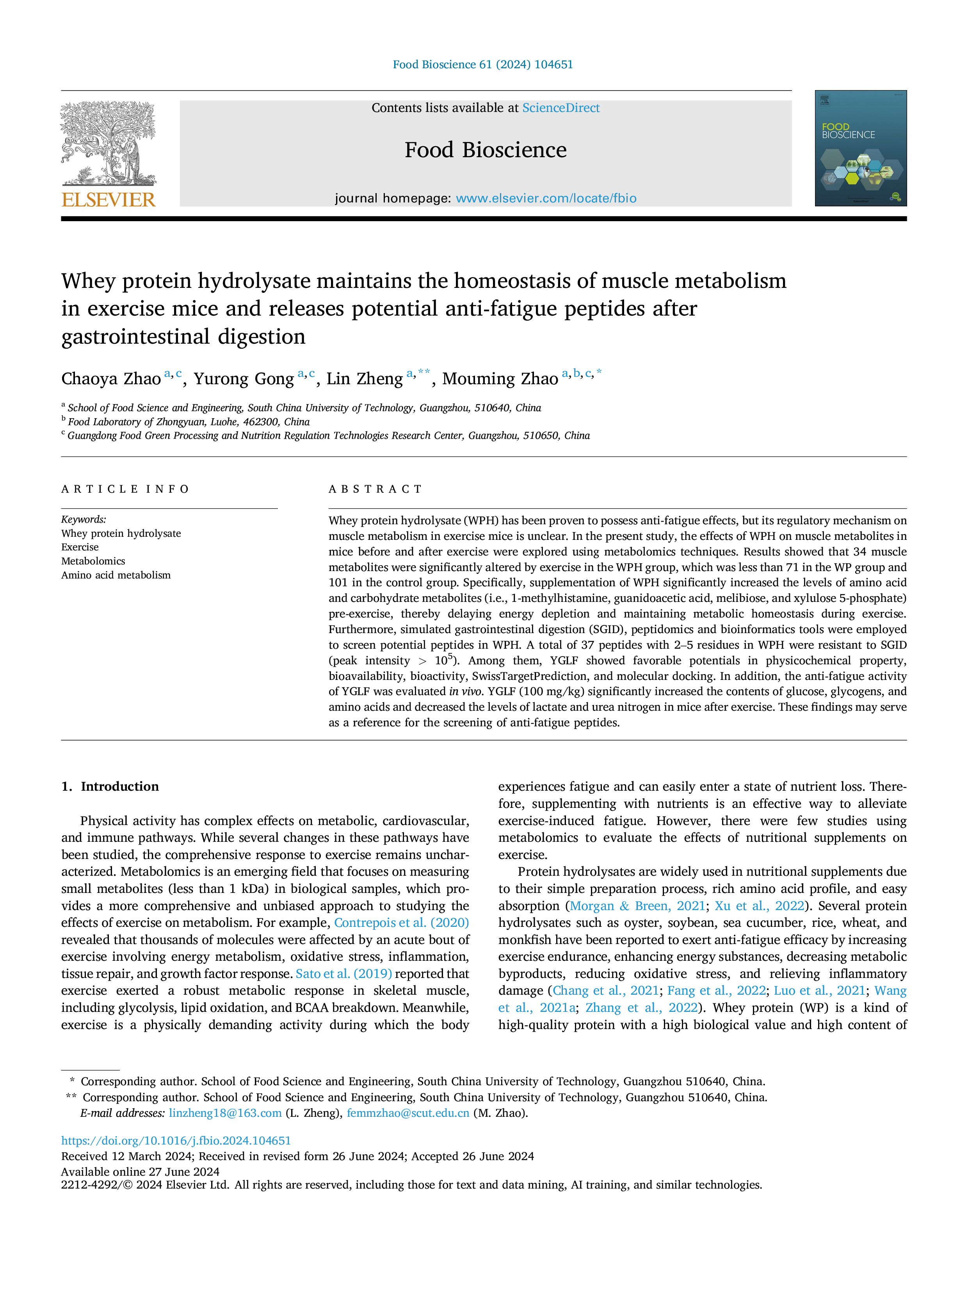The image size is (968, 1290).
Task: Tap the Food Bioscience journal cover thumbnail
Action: (861, 148)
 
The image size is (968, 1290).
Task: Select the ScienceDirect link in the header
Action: (561, 108)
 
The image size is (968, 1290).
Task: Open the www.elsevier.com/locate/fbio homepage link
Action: (546, 198)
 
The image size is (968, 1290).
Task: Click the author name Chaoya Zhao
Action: (111, 379)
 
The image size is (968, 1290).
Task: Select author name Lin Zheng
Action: (365, 379)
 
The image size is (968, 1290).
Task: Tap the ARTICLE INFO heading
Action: (125, 489)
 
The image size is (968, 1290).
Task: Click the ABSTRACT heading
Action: (375, 489)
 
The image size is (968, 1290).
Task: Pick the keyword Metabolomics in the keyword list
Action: (93, 561)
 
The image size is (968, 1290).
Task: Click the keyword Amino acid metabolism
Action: (116, 575)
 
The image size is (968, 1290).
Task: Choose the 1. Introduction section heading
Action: (110, 786)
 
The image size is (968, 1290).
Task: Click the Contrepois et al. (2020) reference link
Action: (401, 923)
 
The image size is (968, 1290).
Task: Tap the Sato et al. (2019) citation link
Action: (343, 973)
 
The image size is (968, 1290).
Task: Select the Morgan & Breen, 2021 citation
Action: (637, 906)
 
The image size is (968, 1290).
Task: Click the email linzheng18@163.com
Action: (225, 1113)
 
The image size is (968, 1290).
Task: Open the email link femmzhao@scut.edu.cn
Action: (408, 1113)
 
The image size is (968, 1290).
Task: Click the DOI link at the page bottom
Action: (176, 1141)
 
